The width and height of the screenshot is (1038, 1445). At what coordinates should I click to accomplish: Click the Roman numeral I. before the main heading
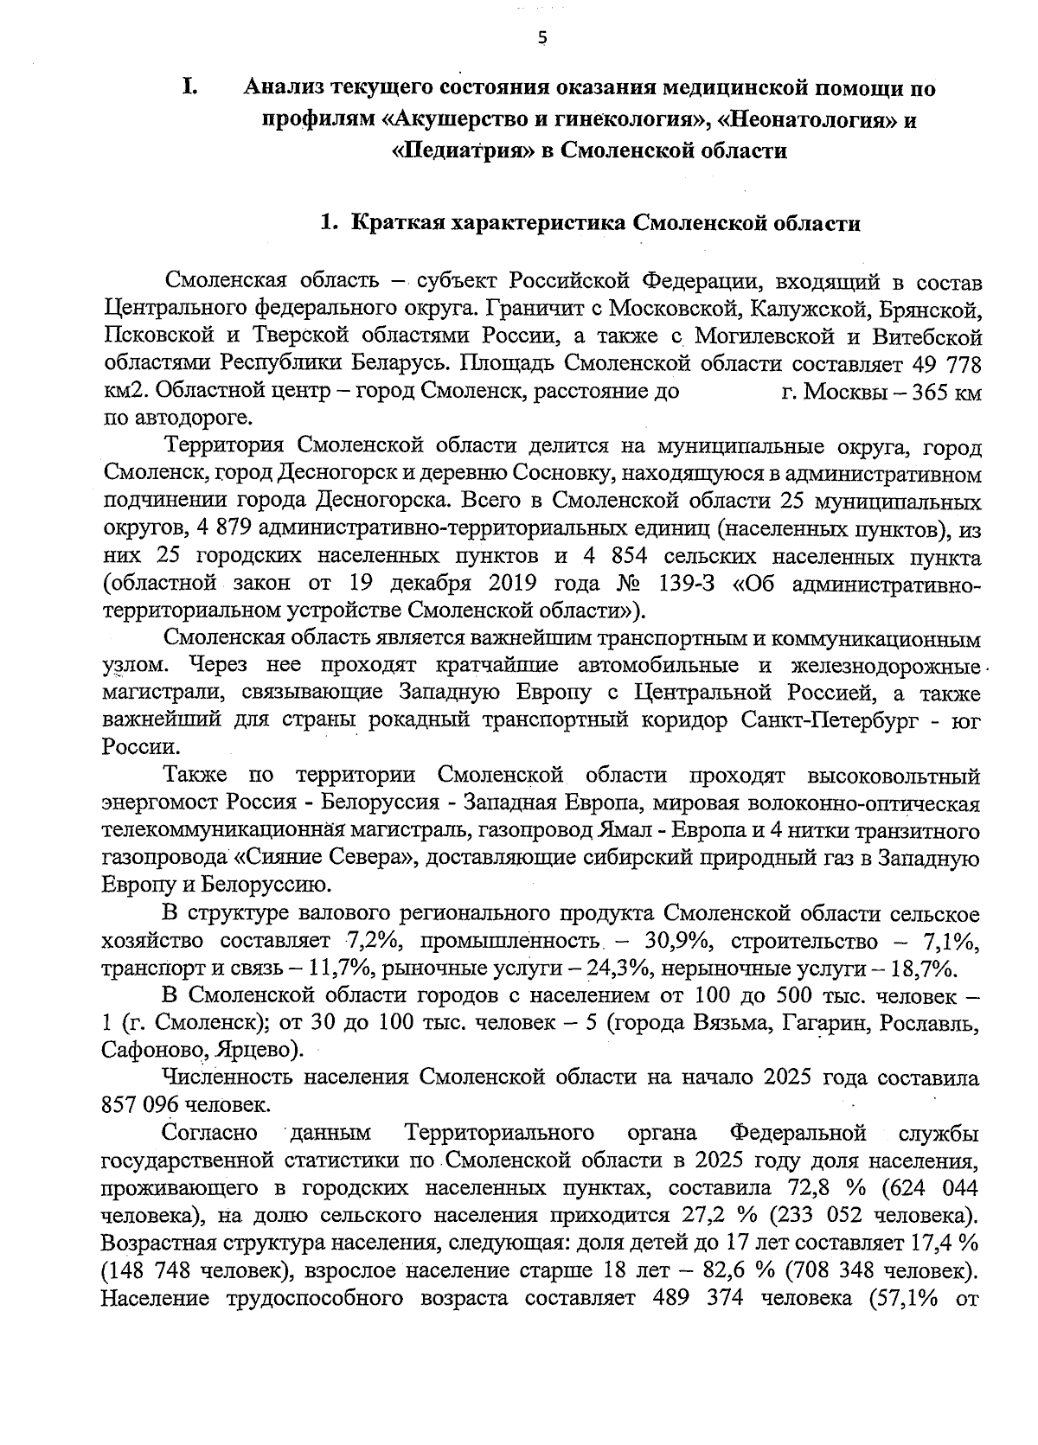coord(190,87)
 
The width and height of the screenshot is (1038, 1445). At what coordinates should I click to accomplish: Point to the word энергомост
coord(157,803)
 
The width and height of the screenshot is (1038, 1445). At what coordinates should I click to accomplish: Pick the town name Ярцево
coord(257,1051)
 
